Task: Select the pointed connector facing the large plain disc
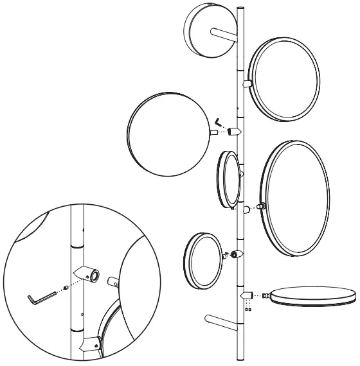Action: point(235,132)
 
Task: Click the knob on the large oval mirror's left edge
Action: point(261,207)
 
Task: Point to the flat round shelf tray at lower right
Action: point(314,296)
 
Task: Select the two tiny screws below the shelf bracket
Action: point(248,307)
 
